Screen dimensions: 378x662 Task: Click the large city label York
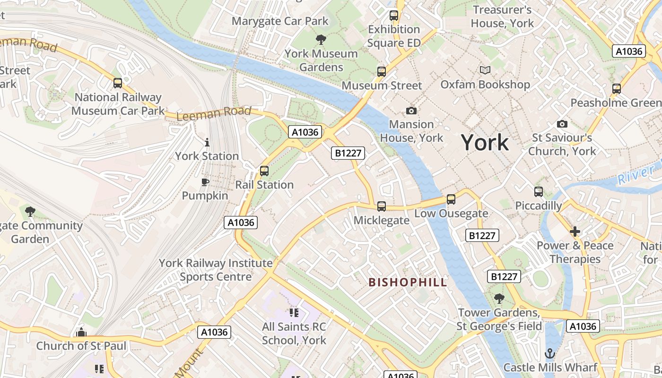point(485,142)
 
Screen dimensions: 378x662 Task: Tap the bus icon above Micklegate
point(382,206)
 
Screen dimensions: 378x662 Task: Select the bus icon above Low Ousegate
point(451,199)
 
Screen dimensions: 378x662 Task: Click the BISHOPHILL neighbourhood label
point(408,283)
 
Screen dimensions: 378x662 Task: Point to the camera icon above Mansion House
point(411,111)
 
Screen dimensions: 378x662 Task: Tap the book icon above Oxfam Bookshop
point(485,70)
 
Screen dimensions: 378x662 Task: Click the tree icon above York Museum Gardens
point(321,39)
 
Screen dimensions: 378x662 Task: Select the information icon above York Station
point(207,142)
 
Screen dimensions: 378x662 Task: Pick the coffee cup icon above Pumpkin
point(205,182)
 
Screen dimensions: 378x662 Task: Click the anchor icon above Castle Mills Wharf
point(550,353)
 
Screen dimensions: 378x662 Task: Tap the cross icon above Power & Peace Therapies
point(575,232)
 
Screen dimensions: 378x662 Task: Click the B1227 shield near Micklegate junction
point(348,153)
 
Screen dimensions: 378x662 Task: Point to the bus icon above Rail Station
point(264,171)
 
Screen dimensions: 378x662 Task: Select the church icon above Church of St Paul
point(81,332)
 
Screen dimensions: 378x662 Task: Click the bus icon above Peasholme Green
point(617,89)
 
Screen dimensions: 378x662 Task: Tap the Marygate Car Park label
point(280,21)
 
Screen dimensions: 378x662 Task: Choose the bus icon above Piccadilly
point(539,192)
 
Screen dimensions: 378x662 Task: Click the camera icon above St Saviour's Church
point(562,124)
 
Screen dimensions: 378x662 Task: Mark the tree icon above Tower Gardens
point(499,298)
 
